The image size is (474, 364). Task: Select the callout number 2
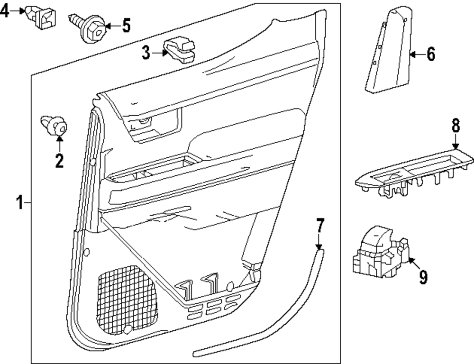click(x=59, y=161)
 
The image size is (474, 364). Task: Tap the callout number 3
click(x=146, y=53)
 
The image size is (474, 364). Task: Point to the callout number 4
click(x=5, y=11)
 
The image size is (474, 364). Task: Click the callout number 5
click(x=126, y=25)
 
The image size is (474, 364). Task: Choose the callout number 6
click(x=430, y=55)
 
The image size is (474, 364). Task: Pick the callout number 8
click(x=455, y=126)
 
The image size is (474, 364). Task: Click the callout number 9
click(x=423, y=277)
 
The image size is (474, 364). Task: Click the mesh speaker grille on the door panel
click(x=128, y=301)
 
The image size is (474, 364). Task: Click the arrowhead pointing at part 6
click(x=413, y=55)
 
